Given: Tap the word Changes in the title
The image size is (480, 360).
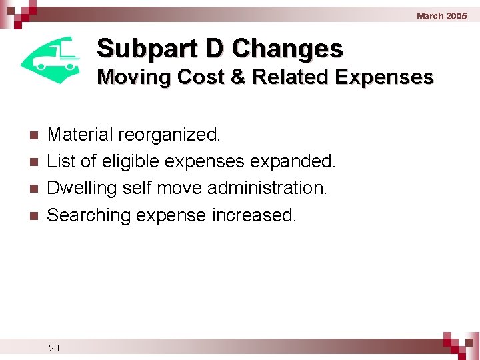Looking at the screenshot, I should pos(287,49).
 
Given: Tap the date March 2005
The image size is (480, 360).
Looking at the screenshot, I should pos(441,15).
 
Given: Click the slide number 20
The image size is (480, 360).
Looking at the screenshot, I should pos(54,347).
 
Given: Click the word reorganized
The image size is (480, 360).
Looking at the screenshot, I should pos(169,135).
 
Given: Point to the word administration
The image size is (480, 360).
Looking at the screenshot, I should pos(267,188).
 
